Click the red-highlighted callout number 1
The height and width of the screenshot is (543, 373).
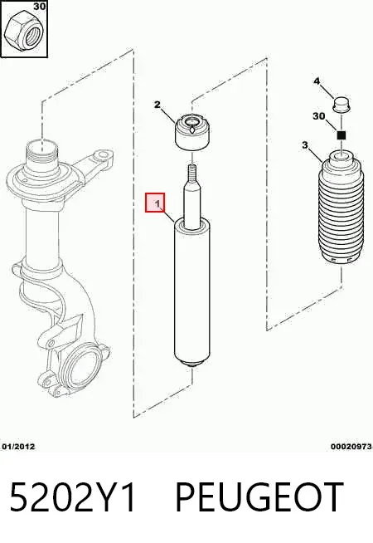coord(155,203)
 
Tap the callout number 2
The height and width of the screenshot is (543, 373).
coord(157,105)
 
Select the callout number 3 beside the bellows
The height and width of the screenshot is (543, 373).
coord(304,144)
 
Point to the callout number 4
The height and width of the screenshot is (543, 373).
coord(317,81)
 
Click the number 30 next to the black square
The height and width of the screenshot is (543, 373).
coord(319,116)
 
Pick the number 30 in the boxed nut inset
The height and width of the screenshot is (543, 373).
coord(40,7)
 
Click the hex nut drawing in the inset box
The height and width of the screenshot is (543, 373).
coord(23,32)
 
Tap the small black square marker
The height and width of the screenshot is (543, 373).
coord(342,135)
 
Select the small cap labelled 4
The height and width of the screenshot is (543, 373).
coord(341,105)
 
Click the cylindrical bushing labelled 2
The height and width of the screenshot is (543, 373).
coord(192,133)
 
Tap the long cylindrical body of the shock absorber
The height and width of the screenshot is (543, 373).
coord(192,291)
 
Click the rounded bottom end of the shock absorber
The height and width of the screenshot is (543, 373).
coord(192,364)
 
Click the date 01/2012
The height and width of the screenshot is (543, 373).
coord(19,447)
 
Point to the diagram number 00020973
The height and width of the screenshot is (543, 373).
coord(351,447)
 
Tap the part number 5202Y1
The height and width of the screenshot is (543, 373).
coord(73,497)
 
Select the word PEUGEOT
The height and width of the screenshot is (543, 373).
coord(259,497)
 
